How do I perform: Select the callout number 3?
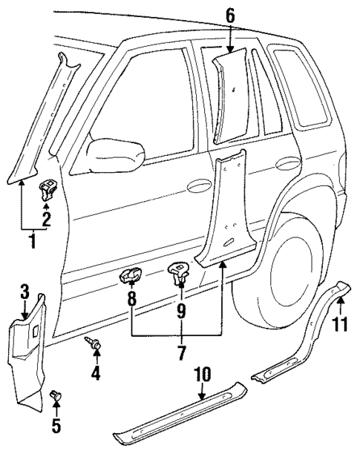[x=24, y=290]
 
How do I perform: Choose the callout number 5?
[x=56, y=427]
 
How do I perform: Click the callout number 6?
[x=229, y=13]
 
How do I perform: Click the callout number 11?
[x=341, y=323]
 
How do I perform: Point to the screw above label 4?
[x=95, y=342]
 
